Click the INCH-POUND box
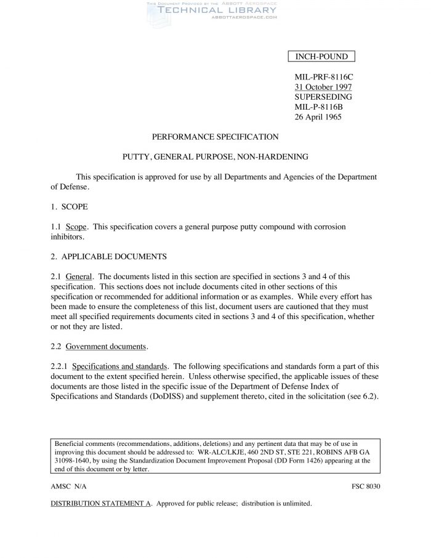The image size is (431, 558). coord(321,57)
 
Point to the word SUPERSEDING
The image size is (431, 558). coord(323,97)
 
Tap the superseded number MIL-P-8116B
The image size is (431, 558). coord(320,107)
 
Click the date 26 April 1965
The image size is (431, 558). coord(318,117)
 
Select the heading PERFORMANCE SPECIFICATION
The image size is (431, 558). coord(215,137)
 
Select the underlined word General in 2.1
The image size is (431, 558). coord(79,277)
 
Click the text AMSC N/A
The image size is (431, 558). coord(68,486)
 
